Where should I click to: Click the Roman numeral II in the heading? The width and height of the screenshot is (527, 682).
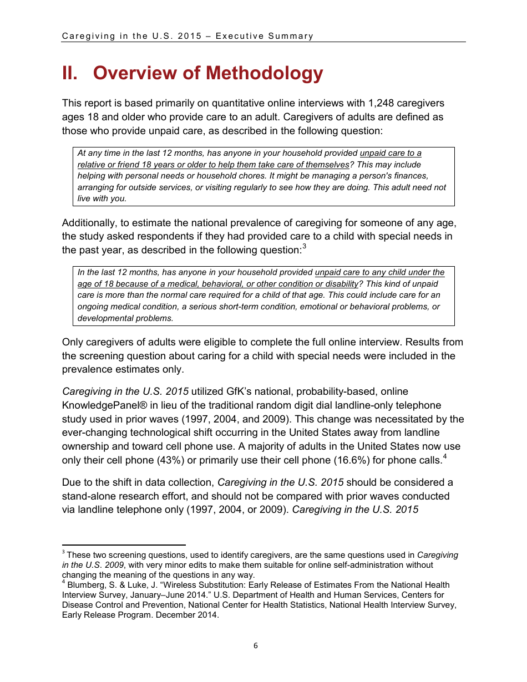tap(69, 73)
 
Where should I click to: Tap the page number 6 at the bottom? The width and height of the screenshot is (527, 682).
tap(256, 645)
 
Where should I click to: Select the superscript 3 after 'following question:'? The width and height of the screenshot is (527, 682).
tap(305, 247)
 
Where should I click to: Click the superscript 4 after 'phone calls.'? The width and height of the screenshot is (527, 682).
tap(445, 457)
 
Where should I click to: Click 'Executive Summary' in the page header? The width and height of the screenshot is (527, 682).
tap(265, 36)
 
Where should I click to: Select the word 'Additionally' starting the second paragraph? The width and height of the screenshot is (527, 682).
tap(89, 223)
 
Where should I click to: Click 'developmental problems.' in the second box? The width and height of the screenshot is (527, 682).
tap(125, 318)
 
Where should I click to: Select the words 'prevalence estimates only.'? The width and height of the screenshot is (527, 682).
tap(123, 369)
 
